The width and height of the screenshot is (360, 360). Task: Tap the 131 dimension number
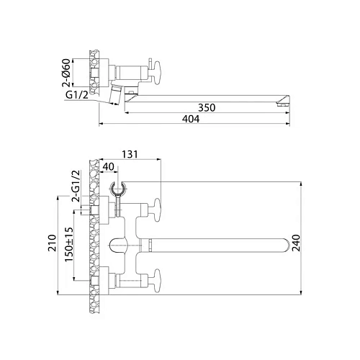click(x=130, y=154)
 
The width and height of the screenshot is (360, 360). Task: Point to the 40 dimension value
click(x=108, y=168)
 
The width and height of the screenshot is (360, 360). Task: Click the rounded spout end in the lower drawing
click(x=295, y=244)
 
